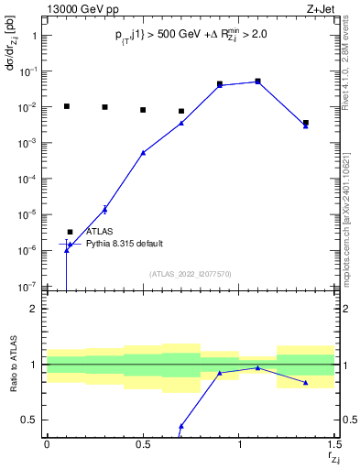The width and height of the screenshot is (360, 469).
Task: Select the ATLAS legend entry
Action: tap(99, 232)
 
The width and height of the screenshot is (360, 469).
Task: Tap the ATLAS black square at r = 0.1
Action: tap(66, 106)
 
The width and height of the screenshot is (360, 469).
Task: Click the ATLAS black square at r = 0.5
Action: tap(143, 110)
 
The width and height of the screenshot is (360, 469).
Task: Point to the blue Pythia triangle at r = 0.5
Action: tap(143, 153)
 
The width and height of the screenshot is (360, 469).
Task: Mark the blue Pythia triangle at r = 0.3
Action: tap(104, 209)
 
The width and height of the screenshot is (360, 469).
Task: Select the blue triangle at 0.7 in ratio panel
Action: tap(181, 426)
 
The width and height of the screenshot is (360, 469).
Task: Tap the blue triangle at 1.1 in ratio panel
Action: tap(258, 367)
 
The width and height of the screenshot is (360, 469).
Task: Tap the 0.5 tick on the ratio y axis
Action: tap(29, 420)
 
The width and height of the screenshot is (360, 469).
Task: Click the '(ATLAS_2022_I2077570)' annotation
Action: tap(190, 273)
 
